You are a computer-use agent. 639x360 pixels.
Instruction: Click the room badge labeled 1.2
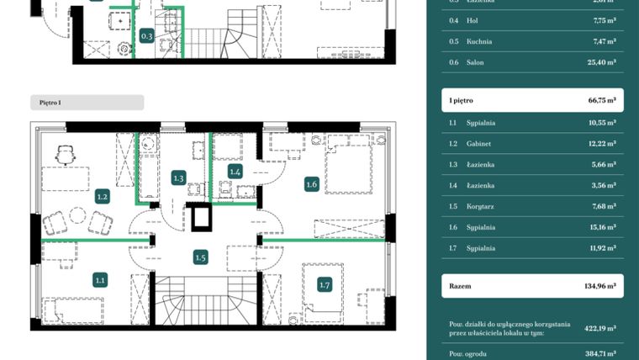pos(102,197)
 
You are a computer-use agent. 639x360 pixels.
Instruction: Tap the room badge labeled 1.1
pos(100,281)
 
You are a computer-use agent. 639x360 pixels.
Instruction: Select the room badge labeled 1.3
pos(178,177)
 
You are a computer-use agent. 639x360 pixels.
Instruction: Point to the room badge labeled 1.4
pos(235,172)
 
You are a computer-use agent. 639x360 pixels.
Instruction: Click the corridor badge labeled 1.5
pos(200,257)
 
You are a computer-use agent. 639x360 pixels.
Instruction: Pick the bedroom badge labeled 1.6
pos(311,184)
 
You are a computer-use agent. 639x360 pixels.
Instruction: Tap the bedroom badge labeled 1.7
pos(325,285)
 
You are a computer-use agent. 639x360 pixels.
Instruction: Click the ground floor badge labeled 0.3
pos(146,36)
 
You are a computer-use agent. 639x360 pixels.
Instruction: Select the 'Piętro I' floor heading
pos(50,103)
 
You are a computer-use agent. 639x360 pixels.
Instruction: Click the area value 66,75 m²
pos(601,100)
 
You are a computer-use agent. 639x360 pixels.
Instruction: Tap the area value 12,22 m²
pos(600,144)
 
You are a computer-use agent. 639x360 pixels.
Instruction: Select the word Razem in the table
pos(460,286)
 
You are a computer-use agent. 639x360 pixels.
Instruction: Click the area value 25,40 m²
pos(600,62)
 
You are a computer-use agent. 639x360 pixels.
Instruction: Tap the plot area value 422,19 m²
pos(600,329)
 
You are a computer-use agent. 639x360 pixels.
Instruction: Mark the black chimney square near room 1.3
pos(202,217)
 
